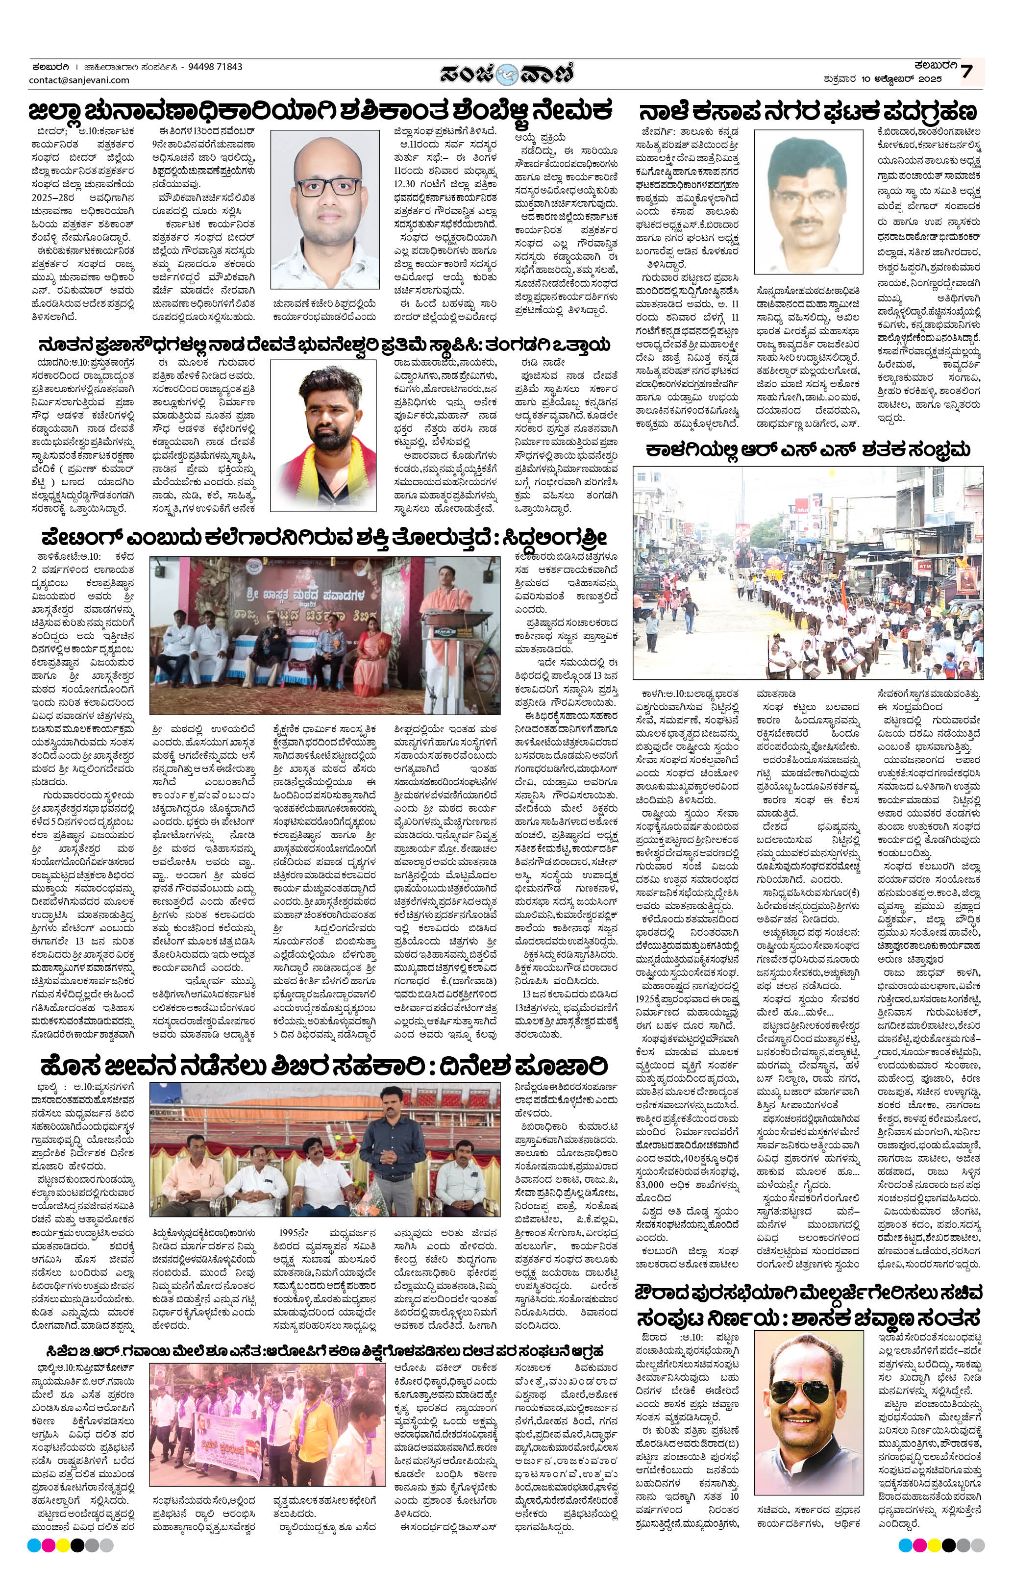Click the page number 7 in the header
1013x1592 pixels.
pyautogui.click(x=967, y=72)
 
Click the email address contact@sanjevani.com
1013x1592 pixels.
pyautogui.click(x=79, y=80)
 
